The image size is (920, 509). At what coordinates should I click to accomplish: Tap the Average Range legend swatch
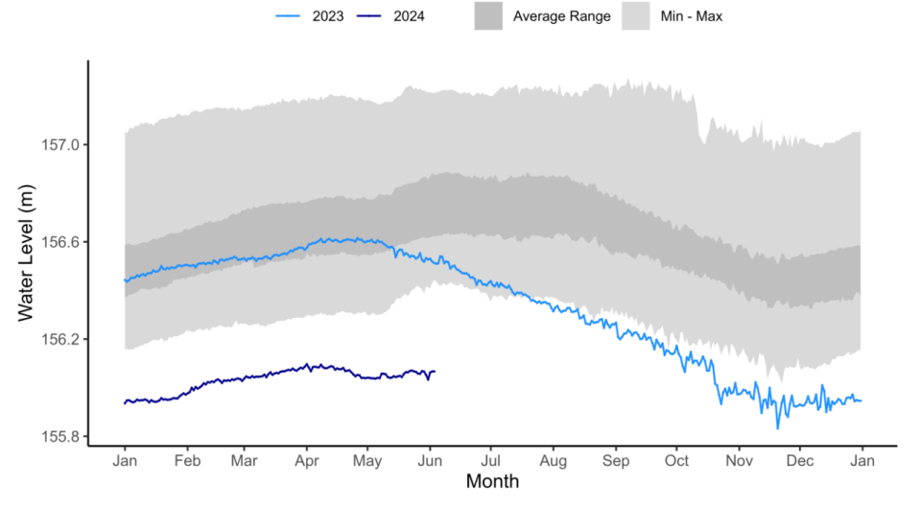tap(488, 16)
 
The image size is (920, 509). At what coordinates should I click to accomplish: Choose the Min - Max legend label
tap(697, 16)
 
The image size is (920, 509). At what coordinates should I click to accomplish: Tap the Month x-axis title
tap(492, 481)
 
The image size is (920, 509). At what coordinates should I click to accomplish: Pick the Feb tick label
tap(187, 459)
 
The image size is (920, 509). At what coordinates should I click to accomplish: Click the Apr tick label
tap(306, 459)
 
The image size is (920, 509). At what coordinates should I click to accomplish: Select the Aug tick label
tap(553, 459)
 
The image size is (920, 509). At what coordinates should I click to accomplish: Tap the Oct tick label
tap(676, 459)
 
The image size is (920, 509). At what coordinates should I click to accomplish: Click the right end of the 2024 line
tap(435, 372)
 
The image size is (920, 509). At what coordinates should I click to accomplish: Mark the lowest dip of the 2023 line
tap(778, 427)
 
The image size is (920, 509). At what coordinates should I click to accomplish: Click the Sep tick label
tap(615, 459)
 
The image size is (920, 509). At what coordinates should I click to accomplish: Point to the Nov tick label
tap(739, 459)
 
